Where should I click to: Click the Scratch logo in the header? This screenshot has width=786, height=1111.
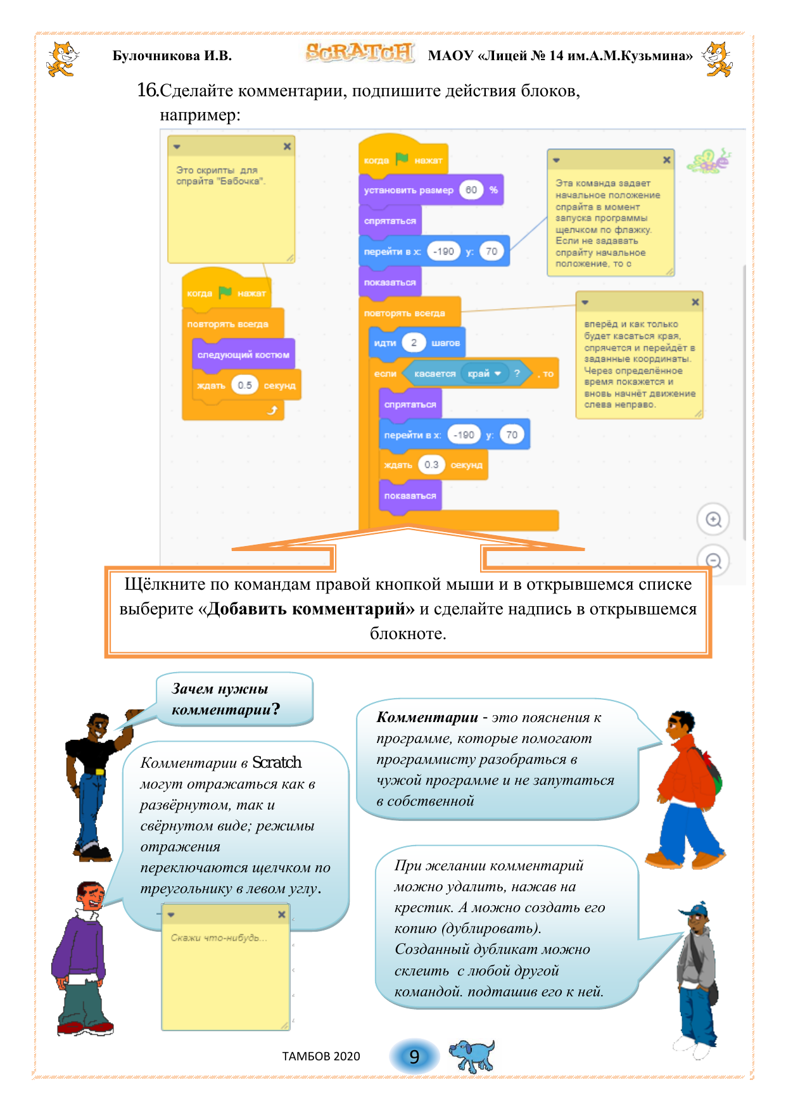tap(359, 53)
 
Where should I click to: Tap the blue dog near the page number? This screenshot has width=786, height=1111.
tap(471, 1055)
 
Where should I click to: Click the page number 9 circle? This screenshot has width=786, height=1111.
tap(414, 1057)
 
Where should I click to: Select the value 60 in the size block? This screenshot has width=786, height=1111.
tap(471, 190)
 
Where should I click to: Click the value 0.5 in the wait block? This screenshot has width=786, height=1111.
tap(244, 385)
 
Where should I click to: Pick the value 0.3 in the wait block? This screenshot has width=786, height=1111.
tap(431, 465)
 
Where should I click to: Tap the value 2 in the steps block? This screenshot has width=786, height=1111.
tap(414, 343)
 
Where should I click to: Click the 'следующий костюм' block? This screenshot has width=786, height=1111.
tap(243, 355)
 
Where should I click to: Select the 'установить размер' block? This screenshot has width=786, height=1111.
tap(409, 190)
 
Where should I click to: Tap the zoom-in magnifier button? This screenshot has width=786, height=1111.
tap(713, 519)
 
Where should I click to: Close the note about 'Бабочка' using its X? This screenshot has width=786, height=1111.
tap(287, 146)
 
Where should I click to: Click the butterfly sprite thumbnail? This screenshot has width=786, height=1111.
tap(709, 161)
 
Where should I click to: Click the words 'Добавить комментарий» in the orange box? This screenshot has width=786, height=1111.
tap(310, 609)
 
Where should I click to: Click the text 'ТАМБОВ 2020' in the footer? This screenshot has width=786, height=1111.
tap(321, 1057)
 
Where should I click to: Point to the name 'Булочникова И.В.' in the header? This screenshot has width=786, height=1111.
tap(172, 56)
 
